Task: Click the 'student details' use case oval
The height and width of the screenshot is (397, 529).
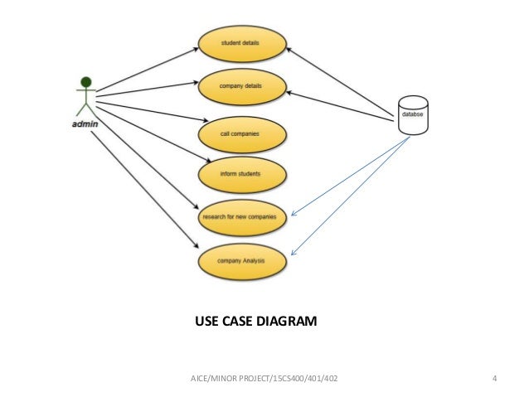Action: (241, 46)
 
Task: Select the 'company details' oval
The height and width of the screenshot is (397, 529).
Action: (241, 87)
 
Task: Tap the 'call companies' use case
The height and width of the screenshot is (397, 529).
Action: (241, 133)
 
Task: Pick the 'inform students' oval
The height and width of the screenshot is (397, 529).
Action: (241, 174)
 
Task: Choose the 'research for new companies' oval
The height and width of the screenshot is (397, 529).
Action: (241, 218)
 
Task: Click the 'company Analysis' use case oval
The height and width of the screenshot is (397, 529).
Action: (241, 261)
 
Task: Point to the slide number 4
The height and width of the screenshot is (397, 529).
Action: (494, 380)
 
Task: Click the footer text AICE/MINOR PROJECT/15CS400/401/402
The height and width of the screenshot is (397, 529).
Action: (264, 380)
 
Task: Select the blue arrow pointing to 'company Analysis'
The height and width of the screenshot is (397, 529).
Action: (348, 197)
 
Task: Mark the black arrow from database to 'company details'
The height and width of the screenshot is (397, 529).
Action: (340, 104)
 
